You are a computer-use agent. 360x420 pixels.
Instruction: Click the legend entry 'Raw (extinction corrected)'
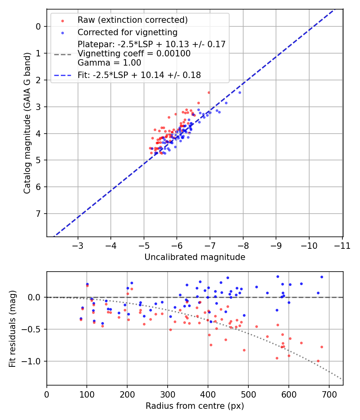[132, 20]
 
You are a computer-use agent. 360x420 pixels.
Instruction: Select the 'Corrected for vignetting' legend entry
[128, 32]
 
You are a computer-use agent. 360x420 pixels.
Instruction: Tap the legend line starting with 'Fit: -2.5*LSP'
[139, 75]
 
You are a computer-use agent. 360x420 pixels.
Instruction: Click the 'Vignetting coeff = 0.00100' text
[134, 53]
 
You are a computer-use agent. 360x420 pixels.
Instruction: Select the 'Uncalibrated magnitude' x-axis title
[195, 257]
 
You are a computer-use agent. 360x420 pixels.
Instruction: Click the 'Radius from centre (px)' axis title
[195, 406]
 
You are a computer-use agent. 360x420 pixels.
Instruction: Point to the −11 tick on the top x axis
[342, 245]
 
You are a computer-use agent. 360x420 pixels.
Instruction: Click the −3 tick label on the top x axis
[78, 245]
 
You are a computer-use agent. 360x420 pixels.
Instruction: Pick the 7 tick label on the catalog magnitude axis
[38, 214]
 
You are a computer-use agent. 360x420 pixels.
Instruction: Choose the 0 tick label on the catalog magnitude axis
[38, 26]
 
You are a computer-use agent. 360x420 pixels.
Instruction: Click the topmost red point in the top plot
[208, 92]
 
